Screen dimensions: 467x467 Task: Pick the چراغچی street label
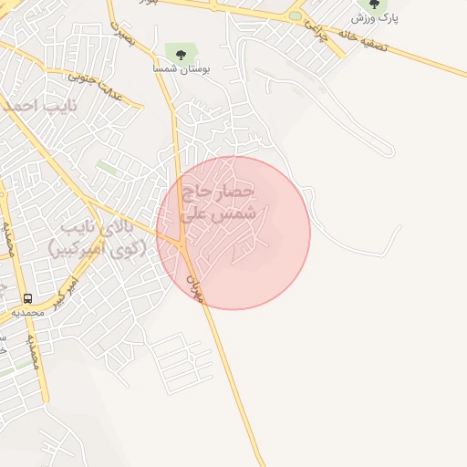pyautogui.click(x=316, y=33)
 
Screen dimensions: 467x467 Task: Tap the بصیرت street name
pyautogui.click(x=122, y=30)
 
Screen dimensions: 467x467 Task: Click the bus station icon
pyautogui.click(x=28, y=298)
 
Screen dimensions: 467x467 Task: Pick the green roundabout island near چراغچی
pyautogui.click(x=295, y=16)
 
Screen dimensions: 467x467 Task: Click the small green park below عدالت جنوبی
pyautogui.click(x=108, y=168)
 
